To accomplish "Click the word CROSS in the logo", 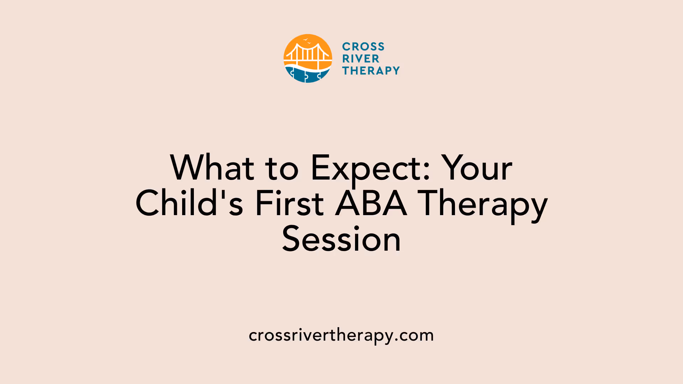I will [x=363, y=47].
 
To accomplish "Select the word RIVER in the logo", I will [x=361, y=59].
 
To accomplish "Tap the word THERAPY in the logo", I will [x=371, y=71].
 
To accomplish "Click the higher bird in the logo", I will [x=306, y=39].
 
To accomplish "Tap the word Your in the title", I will [x=477, y=168].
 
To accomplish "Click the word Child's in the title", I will [x=189, y=203].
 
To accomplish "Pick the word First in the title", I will [x=290, y=203].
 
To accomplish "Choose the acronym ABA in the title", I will [x=371, y=203].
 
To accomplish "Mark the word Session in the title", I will [x=341, y=239].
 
